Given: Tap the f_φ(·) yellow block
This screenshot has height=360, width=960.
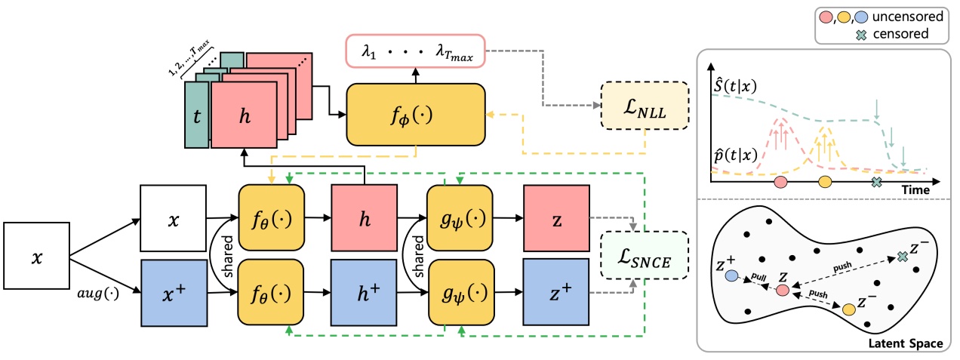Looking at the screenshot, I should tap(416, 113).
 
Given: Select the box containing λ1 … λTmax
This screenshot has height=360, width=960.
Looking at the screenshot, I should tap(415, 51).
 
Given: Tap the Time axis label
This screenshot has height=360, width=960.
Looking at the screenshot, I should tap(915, 191).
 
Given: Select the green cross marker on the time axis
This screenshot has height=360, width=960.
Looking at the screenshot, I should tap(876, 182).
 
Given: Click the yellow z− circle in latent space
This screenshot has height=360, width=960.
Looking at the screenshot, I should tap(848, 309).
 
